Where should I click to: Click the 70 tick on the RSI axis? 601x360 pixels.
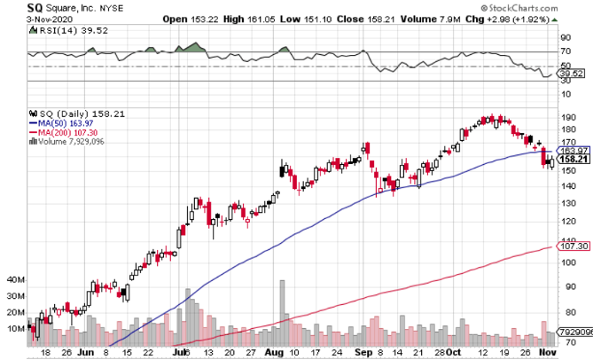pyautogui.click(x=565, y=51)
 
